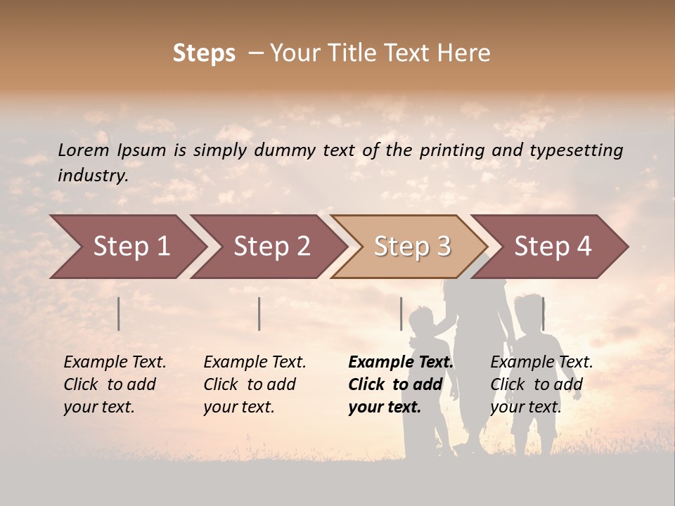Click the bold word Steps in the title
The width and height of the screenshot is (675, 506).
204,53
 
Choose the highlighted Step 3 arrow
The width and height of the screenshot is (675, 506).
412,247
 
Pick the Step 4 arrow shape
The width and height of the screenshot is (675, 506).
553,247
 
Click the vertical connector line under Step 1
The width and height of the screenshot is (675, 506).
119,313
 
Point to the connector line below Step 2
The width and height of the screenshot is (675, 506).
259,313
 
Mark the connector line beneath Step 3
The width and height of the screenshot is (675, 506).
401,313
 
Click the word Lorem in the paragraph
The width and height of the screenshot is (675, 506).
84,150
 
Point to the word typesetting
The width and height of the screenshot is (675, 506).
576,150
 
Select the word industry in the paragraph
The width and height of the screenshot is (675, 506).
92,176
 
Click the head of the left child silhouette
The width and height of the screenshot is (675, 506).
421,319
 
